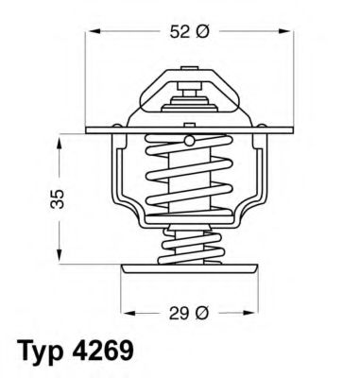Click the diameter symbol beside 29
point(199,309)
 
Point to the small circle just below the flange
point(188,141)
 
